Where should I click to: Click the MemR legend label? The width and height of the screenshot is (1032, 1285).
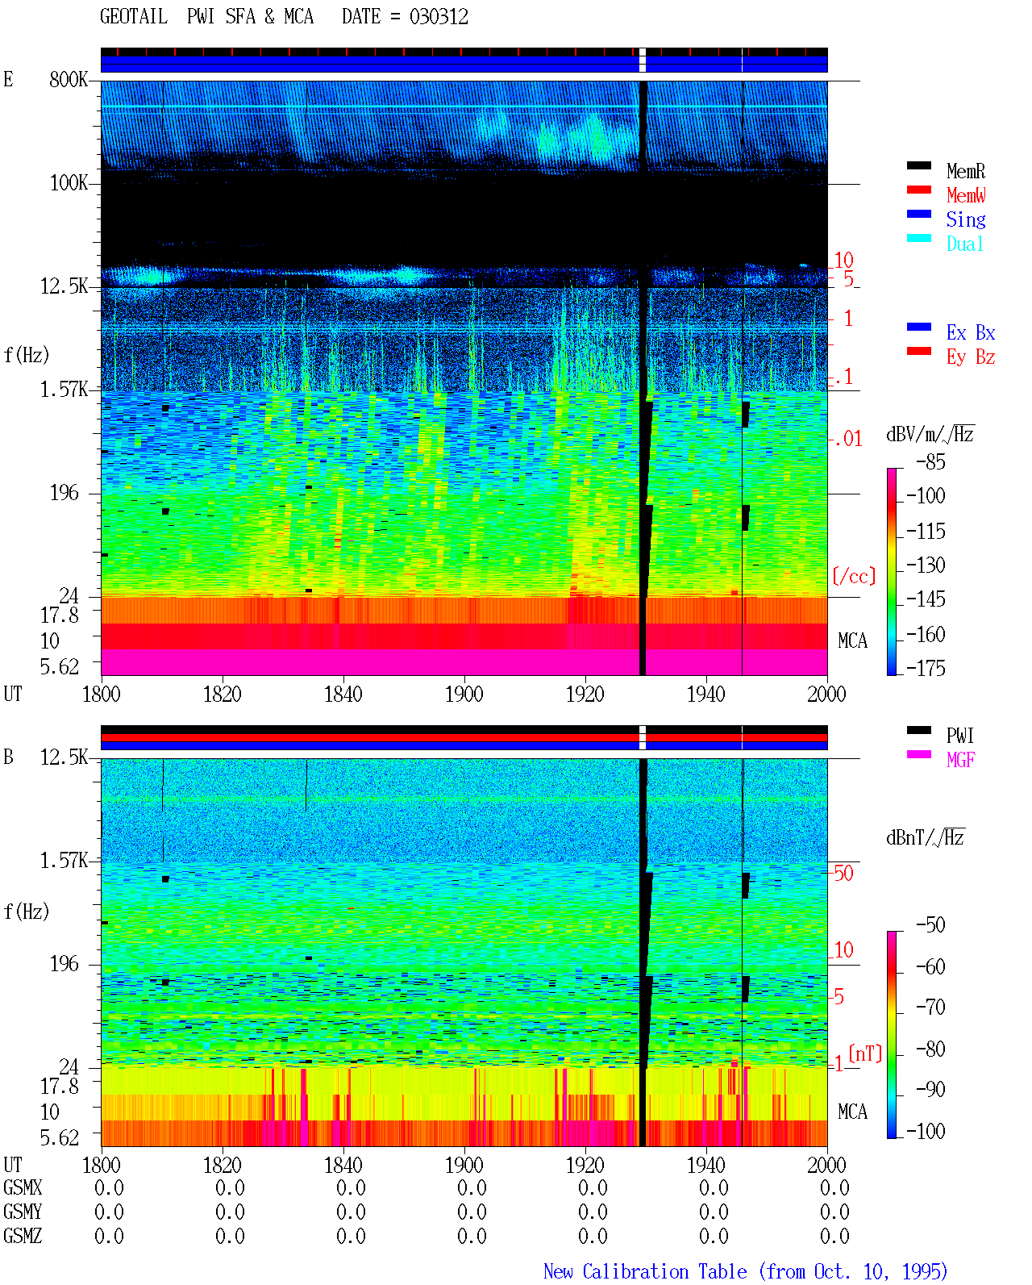[x=965, y=171]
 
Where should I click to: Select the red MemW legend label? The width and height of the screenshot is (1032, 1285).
[x=965, y=195]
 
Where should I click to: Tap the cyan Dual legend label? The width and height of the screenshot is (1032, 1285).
[x=964, y=244]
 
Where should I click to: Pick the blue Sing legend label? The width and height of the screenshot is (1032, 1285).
[x=965, y=219]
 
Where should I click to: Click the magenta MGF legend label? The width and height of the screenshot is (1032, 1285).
[x=960, y=760]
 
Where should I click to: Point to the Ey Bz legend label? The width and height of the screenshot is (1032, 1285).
[x=970, y=357]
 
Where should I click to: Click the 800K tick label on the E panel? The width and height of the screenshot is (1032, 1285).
[x=69, y=79]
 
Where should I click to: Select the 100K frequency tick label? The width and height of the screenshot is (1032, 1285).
[x=69, y=183]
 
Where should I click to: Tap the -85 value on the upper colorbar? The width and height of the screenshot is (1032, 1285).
[x=930, y=461]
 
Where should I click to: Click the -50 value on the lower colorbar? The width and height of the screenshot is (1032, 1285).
[x=930, y=924]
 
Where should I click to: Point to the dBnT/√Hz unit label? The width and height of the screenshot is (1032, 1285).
[x=925, y=837]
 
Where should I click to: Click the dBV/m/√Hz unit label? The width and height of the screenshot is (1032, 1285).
[x=930, y=434]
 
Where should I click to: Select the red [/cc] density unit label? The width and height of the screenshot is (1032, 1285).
[x=854, y=576]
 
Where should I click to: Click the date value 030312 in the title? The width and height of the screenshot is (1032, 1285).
[x=439, y=17]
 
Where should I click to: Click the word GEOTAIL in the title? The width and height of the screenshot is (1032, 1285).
[x=134, y=17]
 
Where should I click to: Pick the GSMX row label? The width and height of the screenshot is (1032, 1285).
[x=23, y=1187]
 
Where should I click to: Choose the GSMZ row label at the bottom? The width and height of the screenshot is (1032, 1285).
[x=23, y=1235]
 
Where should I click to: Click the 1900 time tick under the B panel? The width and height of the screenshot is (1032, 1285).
[x=464, y=1164]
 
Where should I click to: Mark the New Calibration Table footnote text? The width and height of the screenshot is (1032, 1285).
[x=745, y=1271]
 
